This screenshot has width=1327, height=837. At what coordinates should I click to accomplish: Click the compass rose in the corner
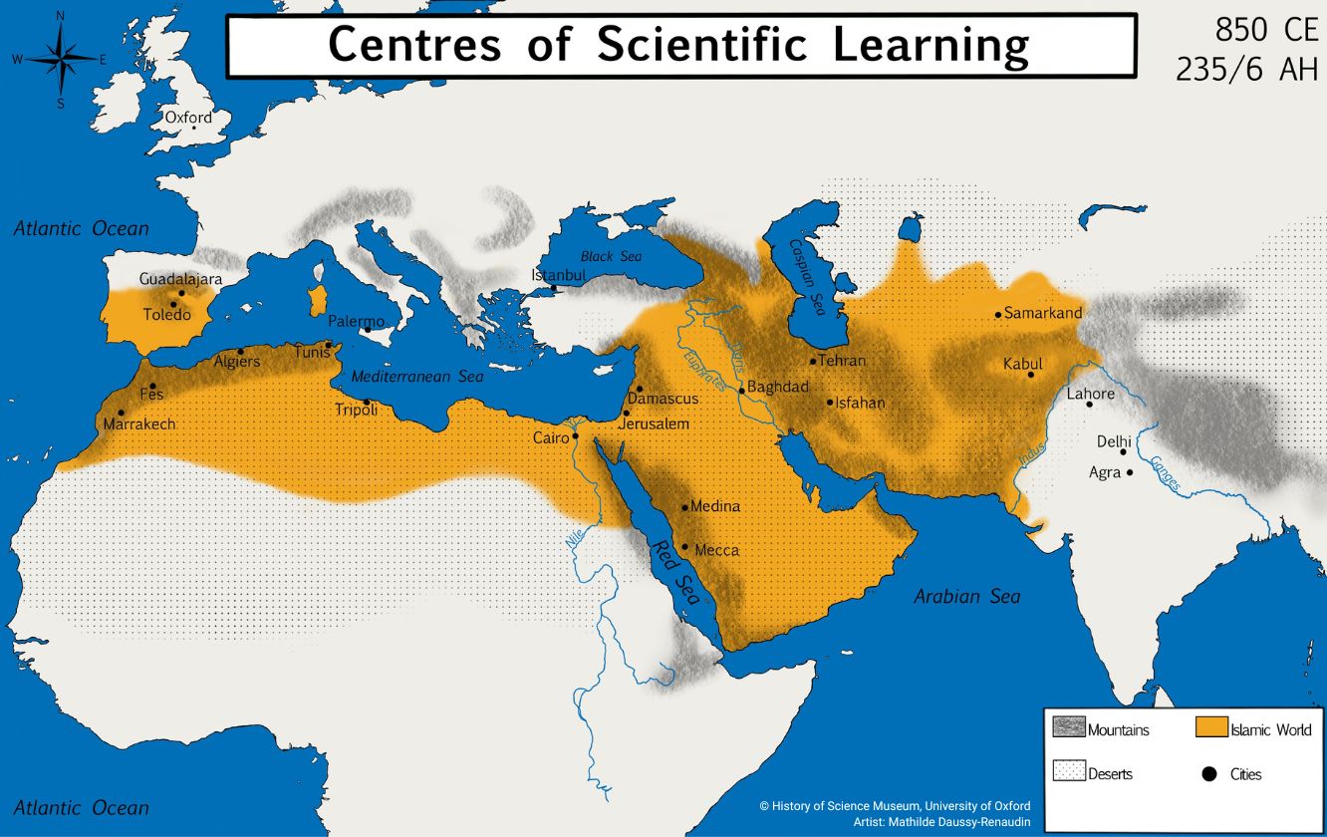(61, 59)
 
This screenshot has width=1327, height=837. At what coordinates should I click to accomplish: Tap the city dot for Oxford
(193, 128)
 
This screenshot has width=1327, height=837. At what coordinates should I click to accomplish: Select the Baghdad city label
(778, 387)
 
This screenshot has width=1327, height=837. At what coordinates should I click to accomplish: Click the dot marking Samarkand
(998, 315)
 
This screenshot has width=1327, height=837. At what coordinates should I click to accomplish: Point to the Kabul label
(1024, 364)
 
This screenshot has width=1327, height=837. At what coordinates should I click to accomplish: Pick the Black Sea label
(611, 256)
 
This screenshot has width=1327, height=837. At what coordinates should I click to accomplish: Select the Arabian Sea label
(966, 597)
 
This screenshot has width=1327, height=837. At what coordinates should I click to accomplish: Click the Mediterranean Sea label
(416, 377)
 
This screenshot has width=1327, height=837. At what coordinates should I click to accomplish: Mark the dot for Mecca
(685, 546)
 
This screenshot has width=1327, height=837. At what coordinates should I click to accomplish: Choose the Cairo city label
(550, 437)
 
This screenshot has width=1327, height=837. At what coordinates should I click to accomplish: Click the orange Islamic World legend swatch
(1210, 728)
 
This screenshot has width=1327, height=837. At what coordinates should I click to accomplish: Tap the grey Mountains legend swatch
(1068, 728)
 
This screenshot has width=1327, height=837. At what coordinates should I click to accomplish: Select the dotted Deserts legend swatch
(1068, 772)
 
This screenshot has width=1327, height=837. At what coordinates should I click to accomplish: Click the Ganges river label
(1165, 474)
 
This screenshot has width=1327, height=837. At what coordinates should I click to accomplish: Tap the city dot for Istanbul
(554, 289)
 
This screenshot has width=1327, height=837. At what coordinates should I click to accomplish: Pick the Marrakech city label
(139, 424)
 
